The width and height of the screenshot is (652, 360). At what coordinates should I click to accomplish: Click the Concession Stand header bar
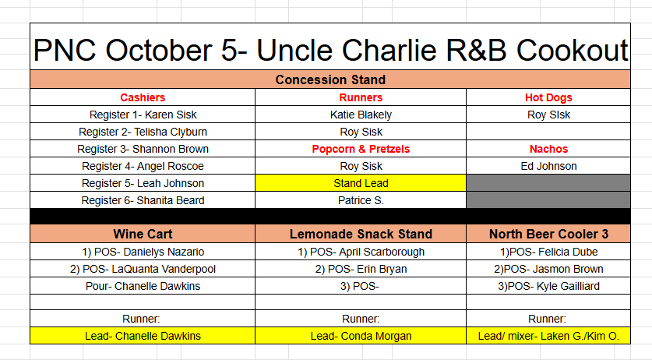(x=330, y=79)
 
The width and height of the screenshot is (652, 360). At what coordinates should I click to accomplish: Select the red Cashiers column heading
(x=143, y=97)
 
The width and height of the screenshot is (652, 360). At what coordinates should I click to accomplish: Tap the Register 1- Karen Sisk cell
(x=143, y=115)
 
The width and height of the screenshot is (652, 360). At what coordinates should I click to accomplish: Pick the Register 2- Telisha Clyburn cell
(x=143, y=132)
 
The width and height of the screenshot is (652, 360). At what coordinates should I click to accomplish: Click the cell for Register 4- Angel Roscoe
(x=143, y=166)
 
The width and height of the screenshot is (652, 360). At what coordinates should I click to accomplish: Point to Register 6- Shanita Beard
(x=143, y=200)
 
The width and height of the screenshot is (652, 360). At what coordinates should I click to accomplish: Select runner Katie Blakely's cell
(x=361, y=115)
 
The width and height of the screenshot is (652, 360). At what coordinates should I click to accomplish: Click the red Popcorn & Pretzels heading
(x=361, y=149)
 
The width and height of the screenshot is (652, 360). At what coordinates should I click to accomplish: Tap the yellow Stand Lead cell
(x=361, y=183)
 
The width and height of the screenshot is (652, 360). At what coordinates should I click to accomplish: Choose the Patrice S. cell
(x=361, y=200)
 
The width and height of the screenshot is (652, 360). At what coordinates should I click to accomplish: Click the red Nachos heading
(x=548, y=149)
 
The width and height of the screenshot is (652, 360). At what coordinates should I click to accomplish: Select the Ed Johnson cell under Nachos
(x=548, y=166)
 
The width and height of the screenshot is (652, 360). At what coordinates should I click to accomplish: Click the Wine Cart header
(x=143, y=234)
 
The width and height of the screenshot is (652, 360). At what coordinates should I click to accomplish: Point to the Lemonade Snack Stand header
(x=361, y=234)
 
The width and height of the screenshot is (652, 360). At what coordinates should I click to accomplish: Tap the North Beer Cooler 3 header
(x=548, y=234)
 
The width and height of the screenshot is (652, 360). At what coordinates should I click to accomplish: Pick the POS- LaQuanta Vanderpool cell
(x=143, y=269)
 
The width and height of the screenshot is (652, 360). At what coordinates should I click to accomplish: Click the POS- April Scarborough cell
(x=361, y=252)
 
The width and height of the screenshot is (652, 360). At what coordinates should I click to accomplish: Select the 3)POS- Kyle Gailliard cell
(x=548, y=286)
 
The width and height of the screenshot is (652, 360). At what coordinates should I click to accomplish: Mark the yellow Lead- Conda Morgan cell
(x=361, y=336)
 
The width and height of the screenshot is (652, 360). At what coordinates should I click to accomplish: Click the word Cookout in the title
(x=572, y=51)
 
